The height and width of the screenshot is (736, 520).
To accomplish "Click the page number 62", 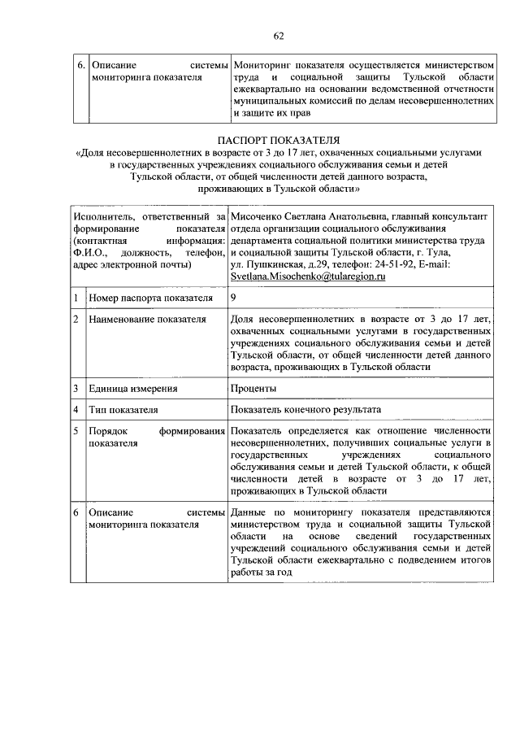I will point(279,36).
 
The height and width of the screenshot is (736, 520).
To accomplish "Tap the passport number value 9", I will point(234,298).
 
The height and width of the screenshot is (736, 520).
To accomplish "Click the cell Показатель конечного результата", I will point(305,410).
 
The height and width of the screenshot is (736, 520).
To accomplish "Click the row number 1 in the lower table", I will point(76,298).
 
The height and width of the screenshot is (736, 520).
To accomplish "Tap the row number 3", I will point(76,389).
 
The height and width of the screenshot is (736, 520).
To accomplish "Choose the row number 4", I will point(76,410).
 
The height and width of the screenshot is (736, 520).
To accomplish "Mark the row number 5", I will point(76,430).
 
